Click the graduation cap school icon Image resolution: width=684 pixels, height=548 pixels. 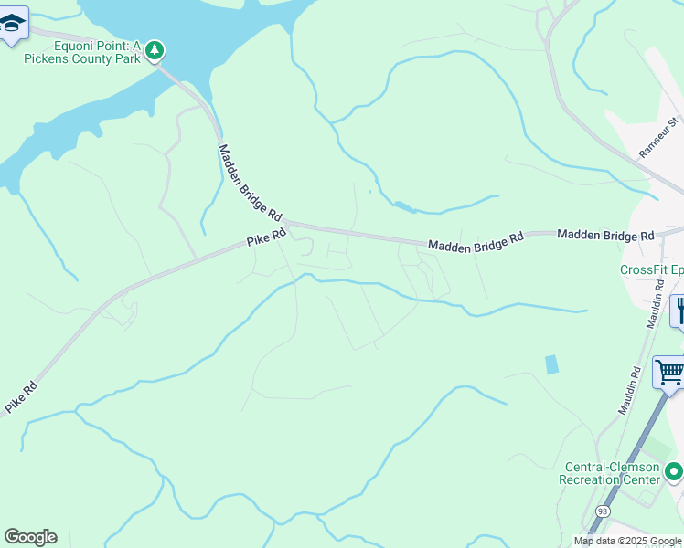tap(11, 23)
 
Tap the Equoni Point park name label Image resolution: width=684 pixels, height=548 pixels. tap(87, 52)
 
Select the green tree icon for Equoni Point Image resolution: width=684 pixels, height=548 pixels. tap(155, 48)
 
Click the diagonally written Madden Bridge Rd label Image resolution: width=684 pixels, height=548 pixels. tap(250, 183)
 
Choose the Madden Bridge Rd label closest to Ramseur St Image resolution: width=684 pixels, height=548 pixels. tap(605, 235)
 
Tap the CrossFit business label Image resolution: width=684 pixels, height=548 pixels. tap(651, 269)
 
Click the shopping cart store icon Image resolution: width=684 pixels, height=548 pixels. tap(669, 373)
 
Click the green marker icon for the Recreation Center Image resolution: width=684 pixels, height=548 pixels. tap(674, 472)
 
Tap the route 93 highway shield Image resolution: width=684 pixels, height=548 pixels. tap(602, 511)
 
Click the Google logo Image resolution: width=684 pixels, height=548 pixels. tap(30, 537)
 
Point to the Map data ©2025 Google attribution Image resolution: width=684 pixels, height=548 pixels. tap(627, 541)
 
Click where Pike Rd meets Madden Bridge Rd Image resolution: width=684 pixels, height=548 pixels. tap(286, 224)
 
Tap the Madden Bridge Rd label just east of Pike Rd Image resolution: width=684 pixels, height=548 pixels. tap(475, 241)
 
